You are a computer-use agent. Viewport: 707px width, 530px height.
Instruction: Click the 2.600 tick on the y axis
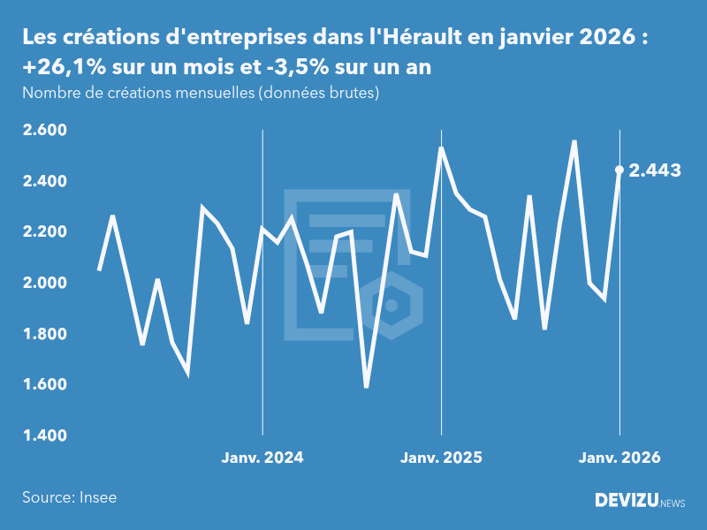tap(44, 131)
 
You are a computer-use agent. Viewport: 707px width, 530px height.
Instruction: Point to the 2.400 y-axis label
tap(44, 181)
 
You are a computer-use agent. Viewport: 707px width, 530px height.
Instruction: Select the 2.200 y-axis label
tap(44, 232)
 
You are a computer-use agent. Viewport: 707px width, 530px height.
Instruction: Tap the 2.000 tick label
tap(44, 284)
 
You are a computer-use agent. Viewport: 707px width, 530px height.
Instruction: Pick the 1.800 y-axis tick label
tap(44, 334)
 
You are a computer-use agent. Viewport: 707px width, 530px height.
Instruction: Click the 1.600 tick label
tap(44, 385)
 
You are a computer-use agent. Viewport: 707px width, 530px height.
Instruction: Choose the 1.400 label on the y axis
tap(44, 435)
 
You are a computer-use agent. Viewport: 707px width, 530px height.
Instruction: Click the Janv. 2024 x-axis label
tap(262, 458)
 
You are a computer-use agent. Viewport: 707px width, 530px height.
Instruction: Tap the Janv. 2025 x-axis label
tap(441, 458)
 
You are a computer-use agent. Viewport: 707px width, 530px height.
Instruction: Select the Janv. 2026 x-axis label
tap(620, 458)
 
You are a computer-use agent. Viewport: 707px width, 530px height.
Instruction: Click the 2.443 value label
tap(655, 170)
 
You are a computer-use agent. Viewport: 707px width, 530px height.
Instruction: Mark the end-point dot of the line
tap(620, 170)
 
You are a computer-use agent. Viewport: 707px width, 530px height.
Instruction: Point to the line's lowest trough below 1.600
tap(366, 387)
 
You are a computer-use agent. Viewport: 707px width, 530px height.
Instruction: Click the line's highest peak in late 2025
tap(574, 141)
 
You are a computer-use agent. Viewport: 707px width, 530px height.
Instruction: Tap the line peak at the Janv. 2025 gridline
tap(441, 148)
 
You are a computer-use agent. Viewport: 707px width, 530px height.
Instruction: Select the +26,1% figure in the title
tap(57, 68)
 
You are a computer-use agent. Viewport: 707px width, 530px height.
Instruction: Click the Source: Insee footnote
tap(70, 497)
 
